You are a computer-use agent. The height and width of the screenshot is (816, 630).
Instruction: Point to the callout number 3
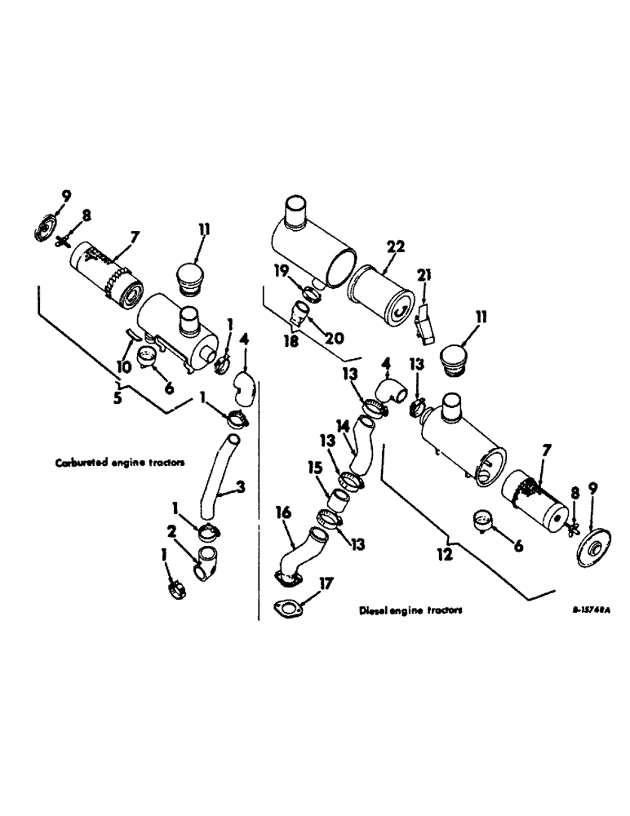[240, 488]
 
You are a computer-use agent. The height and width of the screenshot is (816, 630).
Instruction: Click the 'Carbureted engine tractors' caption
[120, 461]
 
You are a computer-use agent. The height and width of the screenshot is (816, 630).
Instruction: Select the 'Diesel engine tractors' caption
[410, 611]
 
